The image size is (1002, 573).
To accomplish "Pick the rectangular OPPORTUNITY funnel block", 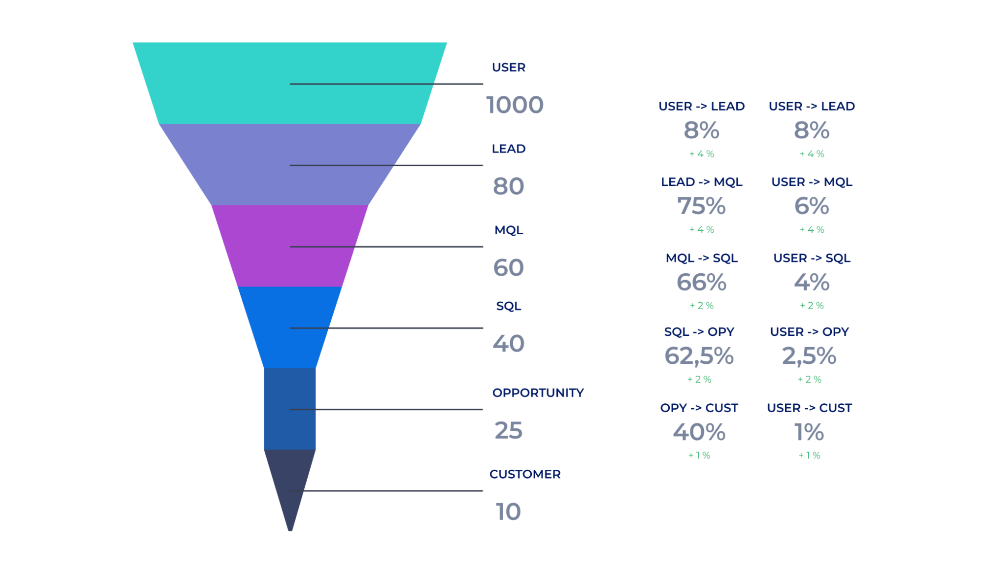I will point(290,408).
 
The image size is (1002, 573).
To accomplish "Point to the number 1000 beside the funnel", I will point(515,105).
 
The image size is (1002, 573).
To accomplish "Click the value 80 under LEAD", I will point(508,186).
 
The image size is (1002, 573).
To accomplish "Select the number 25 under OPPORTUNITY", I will point(508,430).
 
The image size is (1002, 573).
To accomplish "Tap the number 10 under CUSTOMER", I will point(508,511).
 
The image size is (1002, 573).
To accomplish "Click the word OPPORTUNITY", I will point(538,393).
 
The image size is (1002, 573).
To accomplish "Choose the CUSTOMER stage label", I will point(524,474).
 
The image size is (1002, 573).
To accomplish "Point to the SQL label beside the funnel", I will point(508,306).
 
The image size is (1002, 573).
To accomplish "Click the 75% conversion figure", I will point(701,206).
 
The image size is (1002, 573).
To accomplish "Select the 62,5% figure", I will point(699,356).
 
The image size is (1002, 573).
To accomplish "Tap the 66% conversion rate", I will point(701,282).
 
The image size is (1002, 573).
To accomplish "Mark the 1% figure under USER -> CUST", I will point(809,432).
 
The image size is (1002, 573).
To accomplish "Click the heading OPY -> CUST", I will point(699,408).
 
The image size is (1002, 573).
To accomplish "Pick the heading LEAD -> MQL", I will point(701,182).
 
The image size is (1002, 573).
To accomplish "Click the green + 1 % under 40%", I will point(699,455).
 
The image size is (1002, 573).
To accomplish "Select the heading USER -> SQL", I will point(811,258).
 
